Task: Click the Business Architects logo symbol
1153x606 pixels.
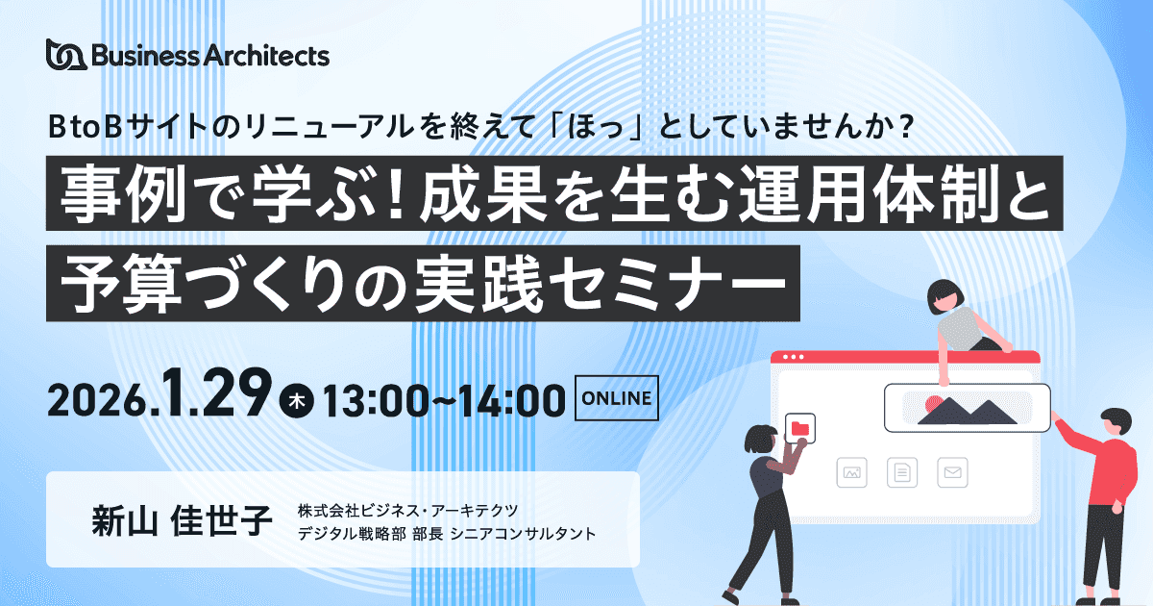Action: click(x=66, y=54)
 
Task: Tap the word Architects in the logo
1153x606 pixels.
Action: click(x=267, y=55)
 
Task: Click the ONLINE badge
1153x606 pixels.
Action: click(x=616, y=398)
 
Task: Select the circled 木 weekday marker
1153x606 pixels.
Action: click(x=297, y=400)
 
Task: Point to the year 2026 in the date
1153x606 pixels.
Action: click(x=96, y=401)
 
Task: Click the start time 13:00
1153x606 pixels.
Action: click(x=376, y=400)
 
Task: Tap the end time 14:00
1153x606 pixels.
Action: click(x=512, y=400)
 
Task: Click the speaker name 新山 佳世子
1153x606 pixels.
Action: click(x=182, y=520)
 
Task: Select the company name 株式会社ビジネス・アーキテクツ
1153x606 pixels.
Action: click(x=407, y=511)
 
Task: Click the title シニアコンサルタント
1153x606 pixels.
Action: click(x=523, y=534)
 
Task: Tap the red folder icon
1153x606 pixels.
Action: click(x=799, y=428)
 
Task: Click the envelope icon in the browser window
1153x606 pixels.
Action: click(x=952, y=472)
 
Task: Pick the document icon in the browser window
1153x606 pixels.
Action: click(x=902, y=472)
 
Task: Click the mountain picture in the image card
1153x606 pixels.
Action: click(x=968, y=408)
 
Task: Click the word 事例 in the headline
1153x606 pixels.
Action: click(x=123, y=193)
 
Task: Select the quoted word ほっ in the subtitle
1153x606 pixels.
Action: click(x=596, y=127)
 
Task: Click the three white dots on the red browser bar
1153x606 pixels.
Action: click(x=794, y=357)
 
